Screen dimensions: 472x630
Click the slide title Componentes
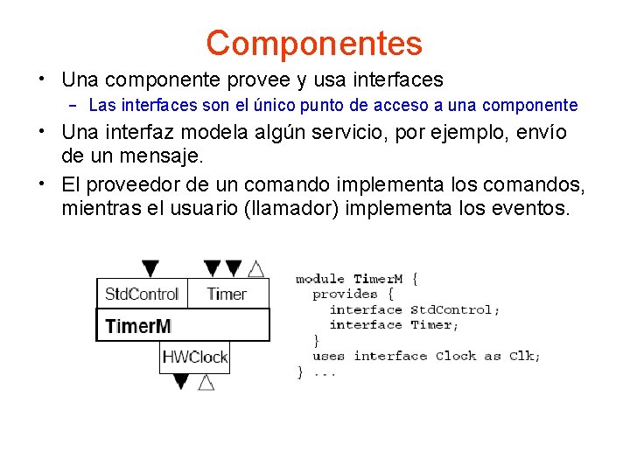[314, 43]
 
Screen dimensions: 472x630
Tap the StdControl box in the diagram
[141, 294]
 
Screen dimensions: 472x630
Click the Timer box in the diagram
[227, 294]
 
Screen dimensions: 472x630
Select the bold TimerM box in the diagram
[183, 326]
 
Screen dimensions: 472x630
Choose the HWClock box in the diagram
[195, 357]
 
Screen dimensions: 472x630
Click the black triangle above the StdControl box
[150, 268]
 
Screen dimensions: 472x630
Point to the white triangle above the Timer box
[255, 268]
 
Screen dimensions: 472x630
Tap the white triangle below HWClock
[206, 382]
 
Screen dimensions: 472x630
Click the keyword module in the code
[319, 279]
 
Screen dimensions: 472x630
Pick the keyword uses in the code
[328, 357]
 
